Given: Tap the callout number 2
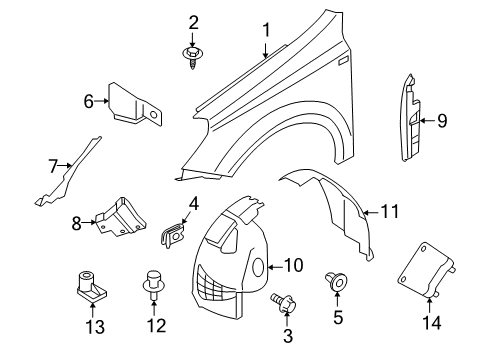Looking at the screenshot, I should click(193, 21).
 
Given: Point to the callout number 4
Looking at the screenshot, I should click(194, 204).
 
